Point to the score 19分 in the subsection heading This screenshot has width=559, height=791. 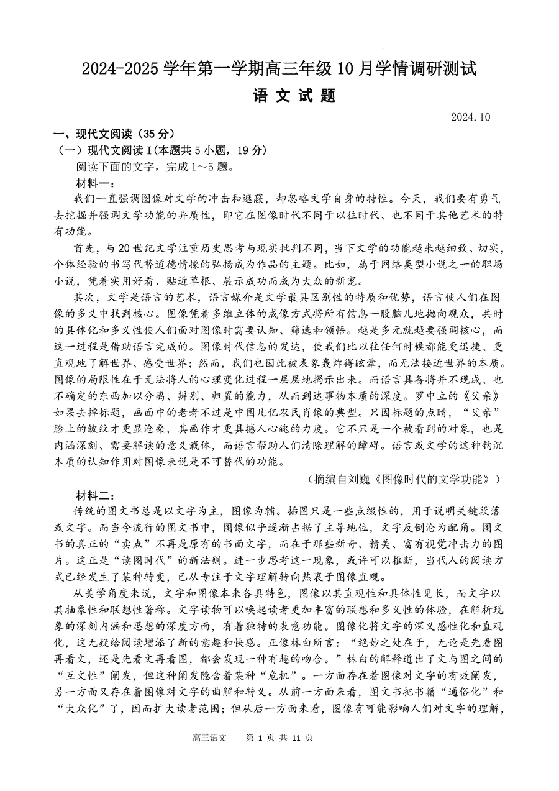(248, 150)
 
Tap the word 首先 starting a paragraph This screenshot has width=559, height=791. (86, 247)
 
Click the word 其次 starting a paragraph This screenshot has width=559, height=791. (86, 296)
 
